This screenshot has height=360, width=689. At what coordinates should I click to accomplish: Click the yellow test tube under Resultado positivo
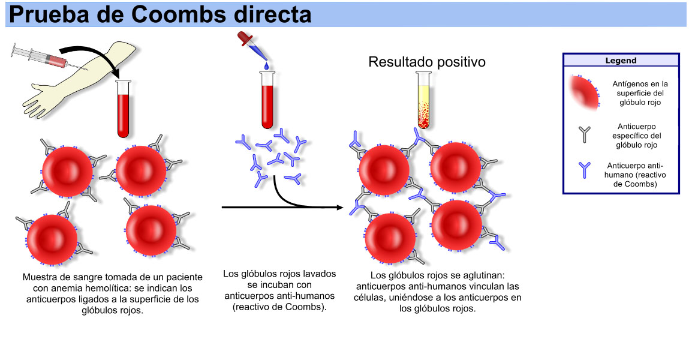tap(424, 99)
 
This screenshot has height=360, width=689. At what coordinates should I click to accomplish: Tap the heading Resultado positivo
tap(426, 62)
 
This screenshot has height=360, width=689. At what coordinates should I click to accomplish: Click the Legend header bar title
tap(621, 61)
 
